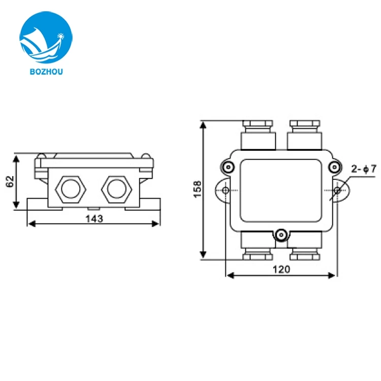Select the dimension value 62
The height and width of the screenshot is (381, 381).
(9, 181)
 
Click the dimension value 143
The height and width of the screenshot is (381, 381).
(94, 218)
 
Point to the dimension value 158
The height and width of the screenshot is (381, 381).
(198, 189)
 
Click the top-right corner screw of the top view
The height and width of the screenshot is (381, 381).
(333, 167)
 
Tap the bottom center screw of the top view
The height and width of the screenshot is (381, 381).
(281, 235)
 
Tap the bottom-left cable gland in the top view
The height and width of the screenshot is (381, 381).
(258, 246)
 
